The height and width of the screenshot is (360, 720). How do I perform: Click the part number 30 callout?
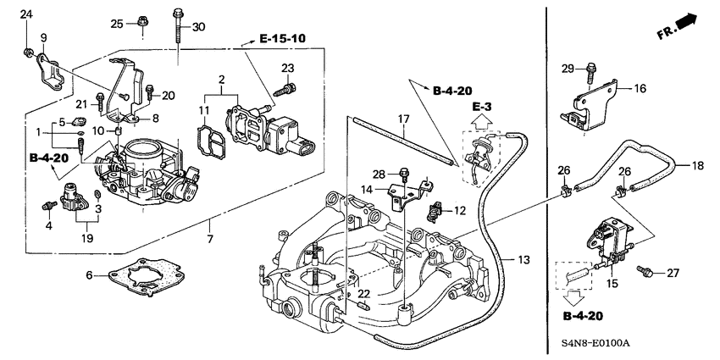198,28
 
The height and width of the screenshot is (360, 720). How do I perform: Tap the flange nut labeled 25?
142,22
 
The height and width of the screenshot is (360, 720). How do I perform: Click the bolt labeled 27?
645,272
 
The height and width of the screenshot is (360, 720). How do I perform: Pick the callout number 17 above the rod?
404,119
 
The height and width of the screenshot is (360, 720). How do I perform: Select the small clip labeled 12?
437,210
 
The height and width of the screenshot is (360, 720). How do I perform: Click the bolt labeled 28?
404,174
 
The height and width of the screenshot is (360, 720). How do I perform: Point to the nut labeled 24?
28,53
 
